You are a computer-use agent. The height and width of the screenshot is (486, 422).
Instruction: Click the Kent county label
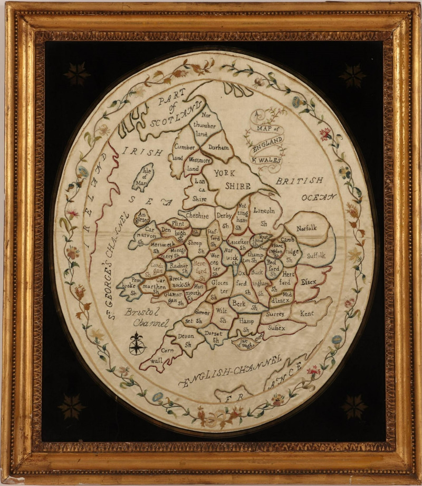pos(306,313)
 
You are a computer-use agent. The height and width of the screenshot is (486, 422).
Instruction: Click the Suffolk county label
pos(316,256)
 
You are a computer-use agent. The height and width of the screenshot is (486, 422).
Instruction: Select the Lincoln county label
pos(264,211)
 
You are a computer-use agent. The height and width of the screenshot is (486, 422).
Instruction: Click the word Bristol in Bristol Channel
pos(138,312)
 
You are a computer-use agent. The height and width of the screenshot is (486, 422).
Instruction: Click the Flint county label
pos(179,223)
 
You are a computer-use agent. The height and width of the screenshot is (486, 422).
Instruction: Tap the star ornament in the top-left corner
pos(77,73)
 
